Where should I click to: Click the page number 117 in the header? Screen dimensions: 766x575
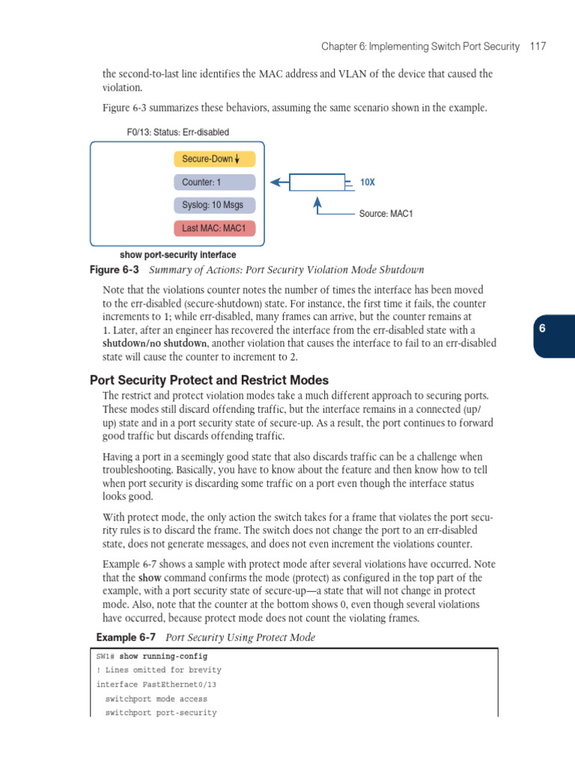tap(537, 46)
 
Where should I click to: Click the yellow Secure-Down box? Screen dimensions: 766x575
tap(214, 159)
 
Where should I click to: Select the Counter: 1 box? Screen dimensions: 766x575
tap(214, 182)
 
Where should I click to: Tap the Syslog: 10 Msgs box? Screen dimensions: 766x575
tap(214, 205)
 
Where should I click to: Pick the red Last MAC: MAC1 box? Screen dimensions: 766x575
tap(214, 228)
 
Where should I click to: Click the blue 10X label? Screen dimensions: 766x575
tap(368, 182)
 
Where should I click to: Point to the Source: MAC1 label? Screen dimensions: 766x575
tap(386, 214)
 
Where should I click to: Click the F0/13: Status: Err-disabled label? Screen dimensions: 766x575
tap(178, 132)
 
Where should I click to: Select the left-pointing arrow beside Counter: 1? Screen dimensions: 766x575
tap(279, 182)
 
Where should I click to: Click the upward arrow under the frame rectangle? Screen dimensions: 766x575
tap(318, 204)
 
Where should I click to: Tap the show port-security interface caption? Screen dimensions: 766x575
tap(177, 255)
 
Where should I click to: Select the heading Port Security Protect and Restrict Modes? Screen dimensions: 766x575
tap(209, 380)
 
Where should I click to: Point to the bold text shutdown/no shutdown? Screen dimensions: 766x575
tap(154, 343)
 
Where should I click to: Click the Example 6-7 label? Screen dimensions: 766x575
tap(126, 637)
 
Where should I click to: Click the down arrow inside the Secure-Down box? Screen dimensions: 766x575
tap(237, 159)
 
